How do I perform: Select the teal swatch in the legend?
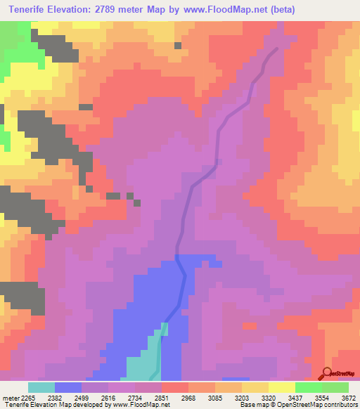(41, 387)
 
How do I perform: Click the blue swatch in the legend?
(68, 387)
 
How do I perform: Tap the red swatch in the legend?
(175, 387)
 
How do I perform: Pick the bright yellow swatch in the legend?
(282, 387)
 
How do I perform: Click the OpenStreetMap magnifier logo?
(326, 373)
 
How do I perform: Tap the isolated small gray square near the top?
(178, 46)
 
